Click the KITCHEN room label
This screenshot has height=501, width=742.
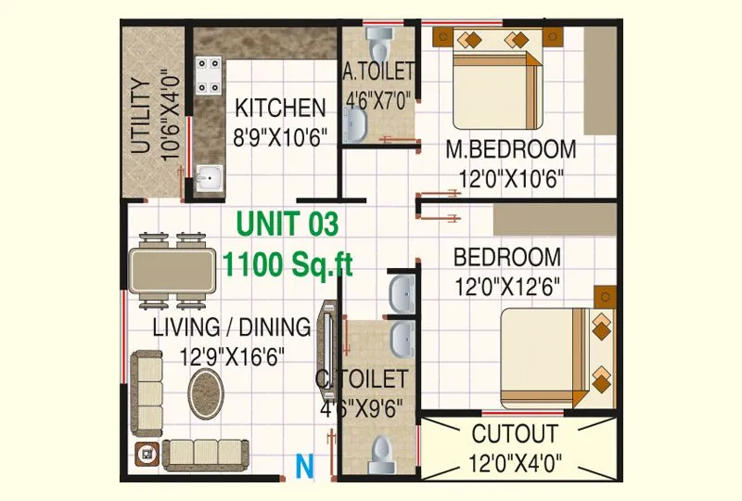[x=279, y=108]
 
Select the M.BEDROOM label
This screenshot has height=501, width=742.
[x=510, y=148]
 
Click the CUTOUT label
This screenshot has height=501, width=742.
[x=515, y=433]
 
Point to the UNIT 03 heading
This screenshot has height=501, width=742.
[x=288, y=224]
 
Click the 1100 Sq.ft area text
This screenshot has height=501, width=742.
[x=288, y=265]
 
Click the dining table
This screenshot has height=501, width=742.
[x=174, y=270]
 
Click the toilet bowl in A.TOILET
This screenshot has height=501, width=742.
[x=378, y=42]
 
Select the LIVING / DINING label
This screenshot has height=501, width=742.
[x=231, y=327]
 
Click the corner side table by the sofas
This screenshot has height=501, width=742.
[x=147, y=455]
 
